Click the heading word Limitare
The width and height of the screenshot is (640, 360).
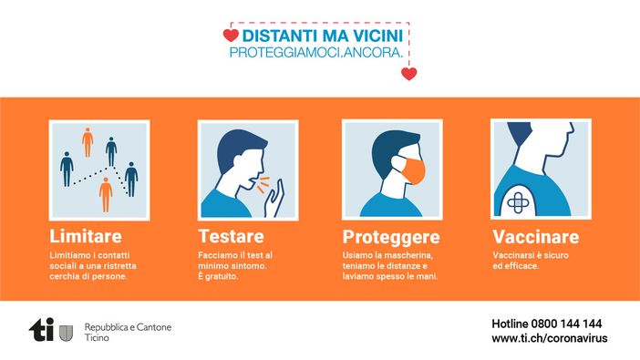pyautogui.click(x=88, y=236)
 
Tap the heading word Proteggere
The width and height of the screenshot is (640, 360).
pyautogui.click(x=391, y=237)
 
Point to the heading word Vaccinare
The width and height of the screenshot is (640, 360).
pyautogui.click(x=535, y=236)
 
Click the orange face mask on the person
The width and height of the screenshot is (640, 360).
pyautogui.click(x=412, y=173)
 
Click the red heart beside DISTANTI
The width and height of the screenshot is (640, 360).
pyautogui.click(x=231, y=36)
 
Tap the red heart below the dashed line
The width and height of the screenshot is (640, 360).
pyautogui.click(x=408, y=74)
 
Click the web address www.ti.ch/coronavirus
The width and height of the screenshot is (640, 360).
pyautogui.click(x=549, y=338)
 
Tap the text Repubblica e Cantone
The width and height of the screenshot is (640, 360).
pyautogui.click(x=128, y=326)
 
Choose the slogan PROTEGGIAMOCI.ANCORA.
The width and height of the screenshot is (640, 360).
pyautogui.click(x=316, y=54)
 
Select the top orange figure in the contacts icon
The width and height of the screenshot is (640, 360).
pyautogui.click(x=88, y=142)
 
